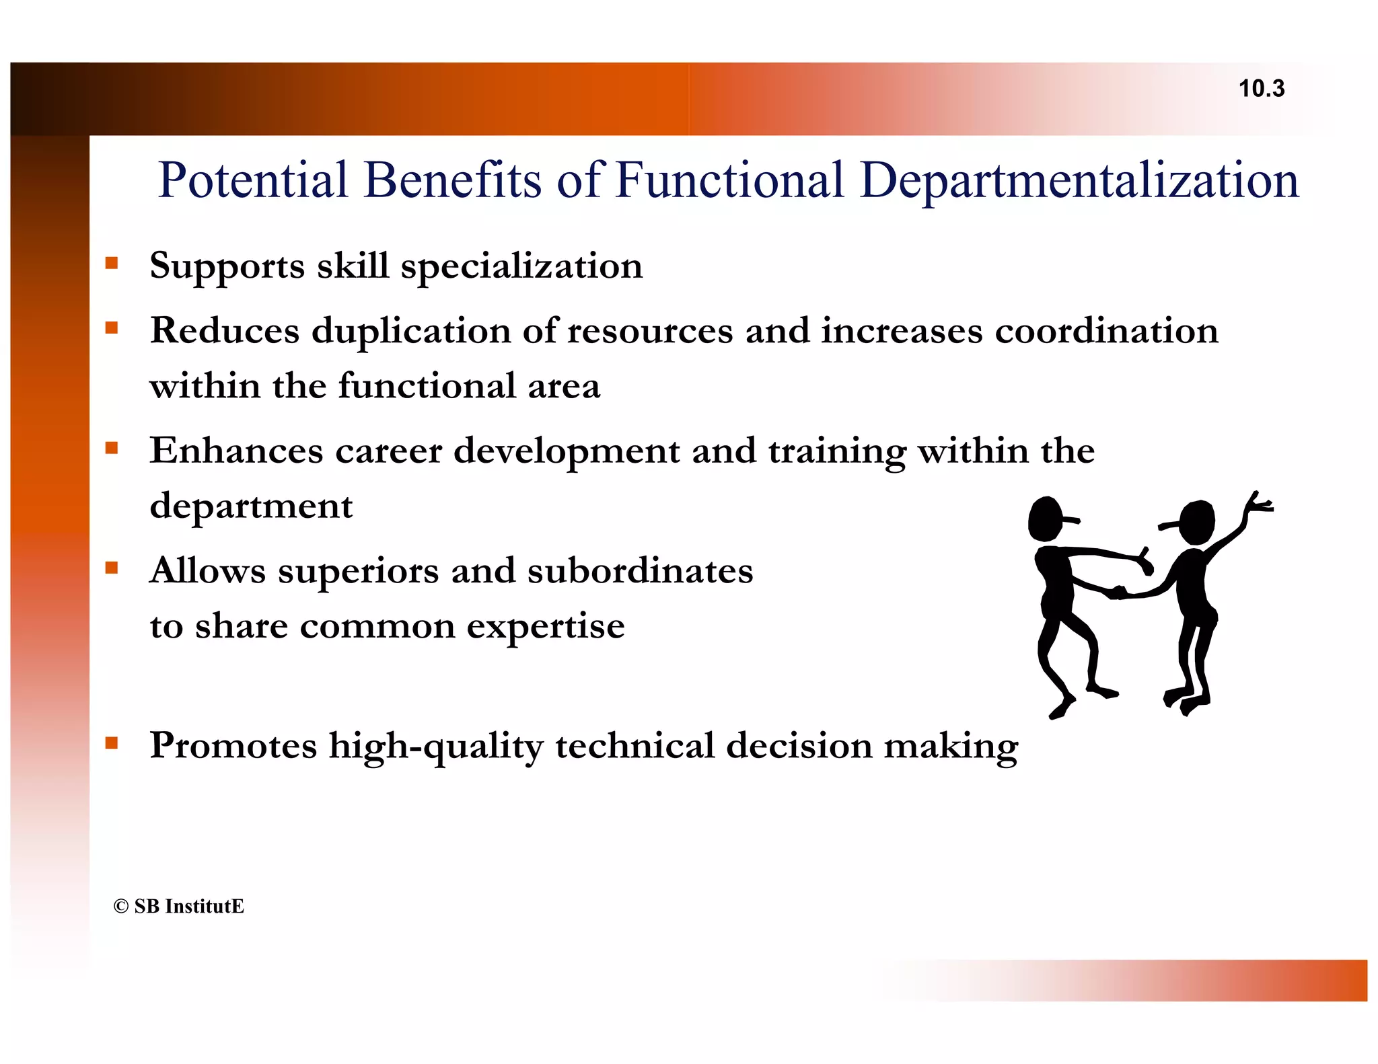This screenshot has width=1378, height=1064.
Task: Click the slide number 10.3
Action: click(1261, 88)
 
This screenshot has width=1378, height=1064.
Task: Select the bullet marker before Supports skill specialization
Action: click(112, 263)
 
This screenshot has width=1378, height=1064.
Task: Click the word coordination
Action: click(1106, 331)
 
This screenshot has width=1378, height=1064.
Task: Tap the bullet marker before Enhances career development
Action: click(112, 448)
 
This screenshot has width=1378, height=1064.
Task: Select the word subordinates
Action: click(640, 571)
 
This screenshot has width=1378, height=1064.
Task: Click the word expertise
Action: click(546, 627)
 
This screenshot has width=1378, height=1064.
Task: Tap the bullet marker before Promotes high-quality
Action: click(112, 743)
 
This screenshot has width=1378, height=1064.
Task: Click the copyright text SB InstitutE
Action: click(179, 906)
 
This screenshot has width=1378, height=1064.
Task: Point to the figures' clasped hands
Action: click(1118, 593)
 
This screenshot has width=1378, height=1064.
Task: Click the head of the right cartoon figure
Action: click(1197, 523)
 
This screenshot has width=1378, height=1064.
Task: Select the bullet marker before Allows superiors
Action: click(112, 568)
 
